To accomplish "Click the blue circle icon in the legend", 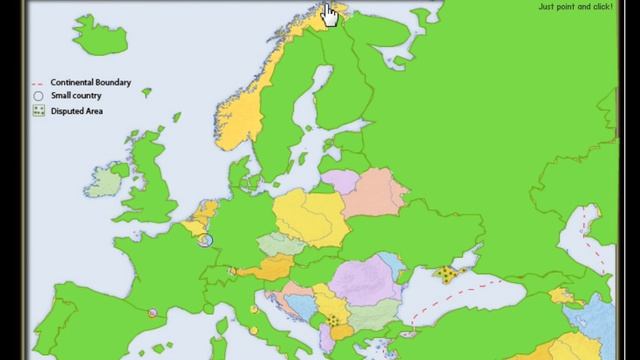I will click(38, 96).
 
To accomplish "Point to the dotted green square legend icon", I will click(38, 110).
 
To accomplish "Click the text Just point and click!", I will click(576, 6).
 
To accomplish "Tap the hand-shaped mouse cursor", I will click(330, 14).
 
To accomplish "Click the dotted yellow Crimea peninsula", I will click(448, 274).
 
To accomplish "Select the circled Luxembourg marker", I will click(208, 240).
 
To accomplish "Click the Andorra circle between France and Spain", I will click(153, 313).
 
